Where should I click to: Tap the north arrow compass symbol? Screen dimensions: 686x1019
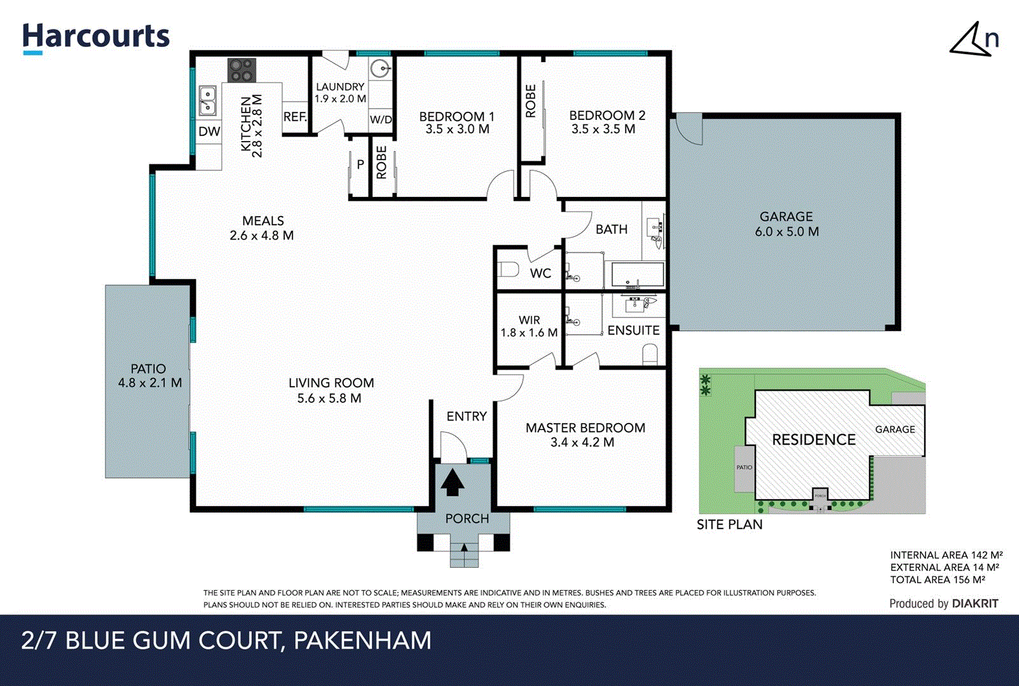[x=973, y=40]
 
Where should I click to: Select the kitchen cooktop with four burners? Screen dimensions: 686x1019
[x=242, y=70]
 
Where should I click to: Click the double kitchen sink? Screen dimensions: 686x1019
[x=207, y=101]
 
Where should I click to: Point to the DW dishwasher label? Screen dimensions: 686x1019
[x=209, y=131]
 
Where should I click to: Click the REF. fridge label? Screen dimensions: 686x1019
[x=295, y=117]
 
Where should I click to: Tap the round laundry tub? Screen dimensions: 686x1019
[x=380, y=68]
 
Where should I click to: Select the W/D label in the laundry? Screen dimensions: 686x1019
[x=381, y=119]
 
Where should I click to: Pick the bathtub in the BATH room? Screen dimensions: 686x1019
[x=637, y=274]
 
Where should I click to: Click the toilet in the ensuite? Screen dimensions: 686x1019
[x=650, y=354]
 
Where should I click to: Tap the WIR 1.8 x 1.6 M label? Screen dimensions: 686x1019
[x=529, y=326]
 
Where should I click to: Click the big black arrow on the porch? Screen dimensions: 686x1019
[x=452, y=482]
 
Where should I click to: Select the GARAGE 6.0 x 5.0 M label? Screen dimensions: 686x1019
[x=786, y=224]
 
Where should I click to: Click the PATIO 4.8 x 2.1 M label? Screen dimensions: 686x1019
[x=149, y=376]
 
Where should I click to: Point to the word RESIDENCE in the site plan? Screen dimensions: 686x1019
[x=814, y=440]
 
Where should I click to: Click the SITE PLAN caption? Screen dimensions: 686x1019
[x=729, y=525]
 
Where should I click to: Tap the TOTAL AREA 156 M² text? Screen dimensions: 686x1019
[x=937, y=580]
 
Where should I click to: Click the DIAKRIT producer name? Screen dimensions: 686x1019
[x=975, y=603]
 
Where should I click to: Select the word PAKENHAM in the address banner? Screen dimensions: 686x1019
[x=362, y=640]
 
